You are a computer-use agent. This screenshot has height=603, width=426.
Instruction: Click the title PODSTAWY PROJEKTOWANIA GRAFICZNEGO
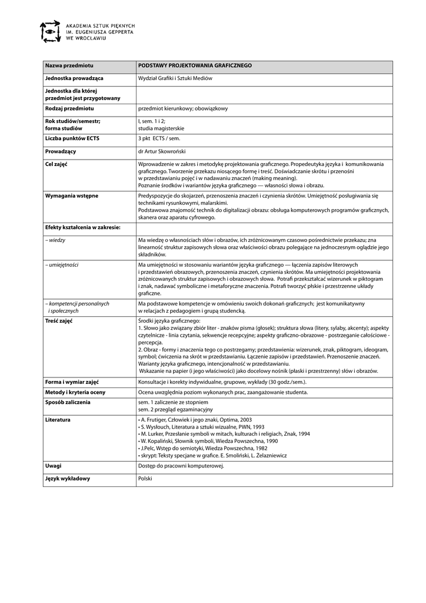coord(195,65)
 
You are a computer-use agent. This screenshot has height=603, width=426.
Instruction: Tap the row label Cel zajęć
coord(56,164)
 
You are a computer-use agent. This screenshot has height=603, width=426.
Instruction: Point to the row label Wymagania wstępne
coord(72,195)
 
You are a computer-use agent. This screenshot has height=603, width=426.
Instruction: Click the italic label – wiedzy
coord(55,240)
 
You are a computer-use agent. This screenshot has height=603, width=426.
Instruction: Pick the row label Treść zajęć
coord(58,321)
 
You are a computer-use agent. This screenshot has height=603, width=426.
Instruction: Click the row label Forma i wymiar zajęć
coord(72,382)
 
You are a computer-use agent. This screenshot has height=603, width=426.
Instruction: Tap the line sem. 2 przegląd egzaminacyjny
coord(175,409)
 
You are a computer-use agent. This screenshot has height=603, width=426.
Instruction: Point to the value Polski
coord(145,478)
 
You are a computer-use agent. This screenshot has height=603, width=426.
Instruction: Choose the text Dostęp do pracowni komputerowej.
coord(181,466)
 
